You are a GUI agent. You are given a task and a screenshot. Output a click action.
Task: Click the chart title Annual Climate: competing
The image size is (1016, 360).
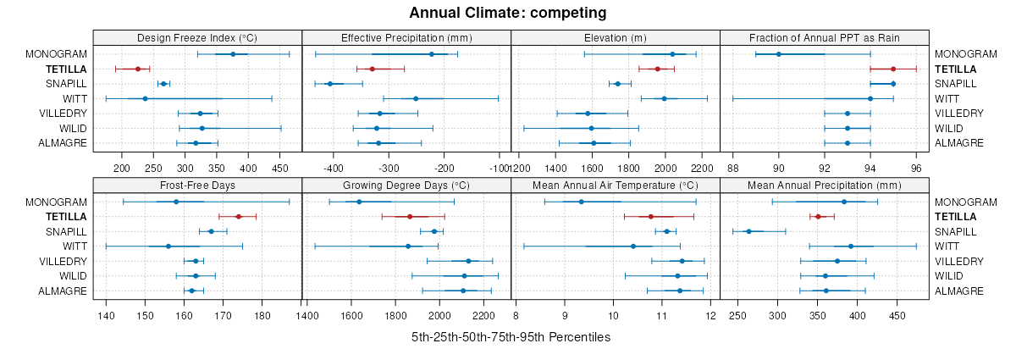pos(508,13)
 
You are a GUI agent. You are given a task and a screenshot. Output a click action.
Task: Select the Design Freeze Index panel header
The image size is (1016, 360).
pos(197,37)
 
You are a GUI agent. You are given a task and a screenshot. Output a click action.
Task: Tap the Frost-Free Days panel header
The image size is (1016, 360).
pos(197,186)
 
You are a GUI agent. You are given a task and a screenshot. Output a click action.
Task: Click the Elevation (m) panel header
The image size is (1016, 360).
pos(616,37)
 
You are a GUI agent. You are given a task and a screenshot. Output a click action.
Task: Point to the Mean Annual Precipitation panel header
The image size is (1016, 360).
pos(825,186)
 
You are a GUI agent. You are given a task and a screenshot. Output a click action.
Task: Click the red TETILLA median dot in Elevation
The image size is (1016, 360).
pos(657,69)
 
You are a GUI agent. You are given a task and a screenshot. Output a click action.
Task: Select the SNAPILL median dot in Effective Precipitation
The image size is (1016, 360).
pos(330,84)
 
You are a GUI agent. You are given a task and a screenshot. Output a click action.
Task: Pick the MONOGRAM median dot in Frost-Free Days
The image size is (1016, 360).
pos(176,202)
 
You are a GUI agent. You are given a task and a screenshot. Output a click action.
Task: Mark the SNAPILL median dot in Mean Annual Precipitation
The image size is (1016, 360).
pos(748,231)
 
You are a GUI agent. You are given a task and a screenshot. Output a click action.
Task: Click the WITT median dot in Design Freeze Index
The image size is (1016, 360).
pos(145,98)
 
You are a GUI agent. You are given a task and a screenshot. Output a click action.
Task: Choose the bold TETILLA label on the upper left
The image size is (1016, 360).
pos(66,69)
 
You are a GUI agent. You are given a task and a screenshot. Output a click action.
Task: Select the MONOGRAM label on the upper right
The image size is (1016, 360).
pos(961,54)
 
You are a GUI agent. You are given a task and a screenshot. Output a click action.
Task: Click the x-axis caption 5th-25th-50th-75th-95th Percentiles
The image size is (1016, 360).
pos(511,337)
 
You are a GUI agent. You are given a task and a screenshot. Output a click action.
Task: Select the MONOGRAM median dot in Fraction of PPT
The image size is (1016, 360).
pos(779,54)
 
